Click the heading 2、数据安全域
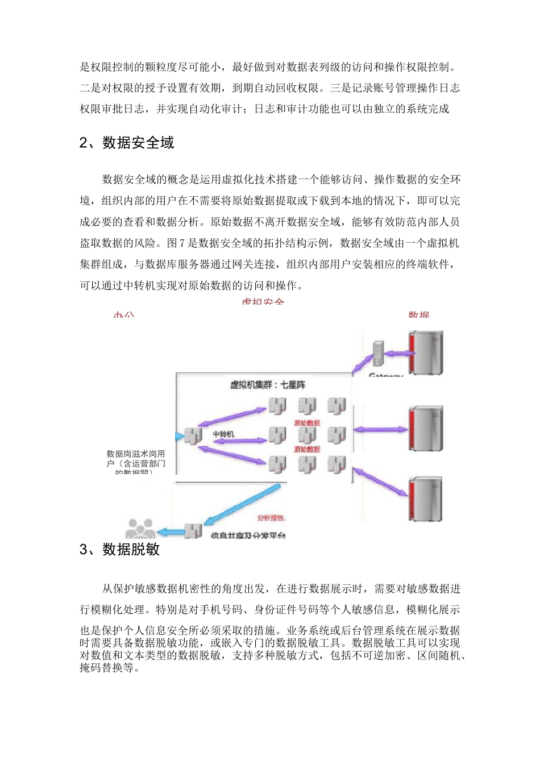pos(127,143)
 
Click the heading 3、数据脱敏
pos(119,549)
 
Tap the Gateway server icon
pos(378,354)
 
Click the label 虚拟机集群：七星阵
pos(267,385)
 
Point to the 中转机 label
pos(223,434)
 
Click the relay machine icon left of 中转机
pos(192,436)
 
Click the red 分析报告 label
pos(272,518)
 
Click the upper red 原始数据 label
pos(306,423)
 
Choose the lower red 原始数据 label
pos(306,449)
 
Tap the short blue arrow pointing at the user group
pos(171,532)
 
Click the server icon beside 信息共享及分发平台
pos(193,531)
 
